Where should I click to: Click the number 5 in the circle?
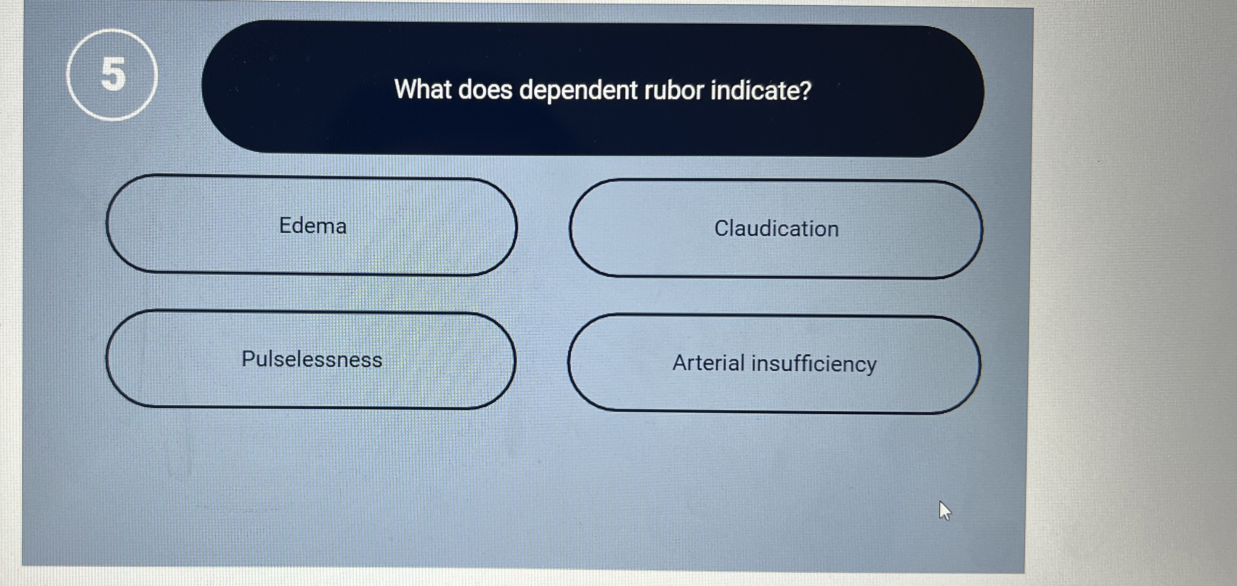tap(113, 74)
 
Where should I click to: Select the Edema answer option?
tap(312, 225)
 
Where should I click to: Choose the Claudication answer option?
tap(776, 229)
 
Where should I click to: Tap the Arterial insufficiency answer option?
tap(774, 363)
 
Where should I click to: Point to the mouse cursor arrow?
tap(945, 511)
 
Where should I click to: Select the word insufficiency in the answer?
tap(814, 364)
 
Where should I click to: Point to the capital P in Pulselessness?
tap(249, 359)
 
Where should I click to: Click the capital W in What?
tap(405, 89)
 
